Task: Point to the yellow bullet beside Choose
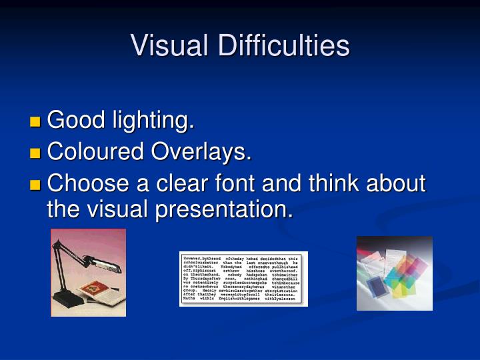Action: point(35,185)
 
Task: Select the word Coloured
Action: point(97,152)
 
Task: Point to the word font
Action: point(255,183)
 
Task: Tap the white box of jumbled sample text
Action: point(244,279)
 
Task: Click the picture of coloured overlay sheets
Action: point(394,273)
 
